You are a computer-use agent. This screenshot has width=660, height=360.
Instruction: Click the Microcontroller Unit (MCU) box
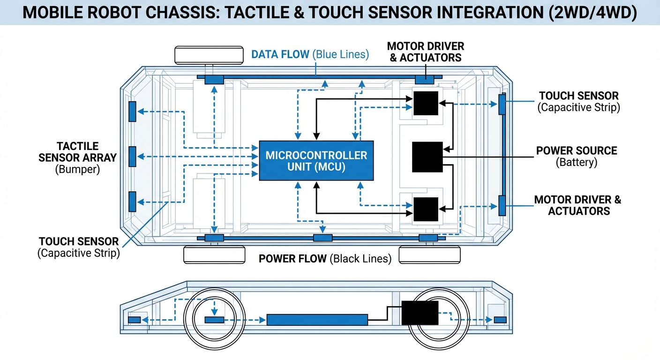click(316, 160)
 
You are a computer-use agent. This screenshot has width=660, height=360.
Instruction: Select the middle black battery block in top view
click(427, 157)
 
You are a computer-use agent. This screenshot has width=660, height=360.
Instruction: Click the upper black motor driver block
click(426, 104)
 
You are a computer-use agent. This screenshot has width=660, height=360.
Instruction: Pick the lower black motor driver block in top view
click(426, 209)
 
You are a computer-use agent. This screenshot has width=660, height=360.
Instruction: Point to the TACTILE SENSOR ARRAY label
click(78, 152)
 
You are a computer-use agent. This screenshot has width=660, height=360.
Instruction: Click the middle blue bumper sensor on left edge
click(133, 157)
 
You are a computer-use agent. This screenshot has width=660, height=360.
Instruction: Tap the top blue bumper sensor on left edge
click(133, 112)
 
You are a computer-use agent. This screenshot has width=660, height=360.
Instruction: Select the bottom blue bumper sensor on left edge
click(133, 202)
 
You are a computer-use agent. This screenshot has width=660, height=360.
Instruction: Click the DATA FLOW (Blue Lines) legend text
click(310, 54)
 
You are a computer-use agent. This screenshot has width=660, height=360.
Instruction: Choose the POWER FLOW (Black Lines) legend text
click(325, 258)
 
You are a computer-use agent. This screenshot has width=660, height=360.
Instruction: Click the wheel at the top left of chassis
click(209, 55)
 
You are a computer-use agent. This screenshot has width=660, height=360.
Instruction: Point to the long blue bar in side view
click(317, 320)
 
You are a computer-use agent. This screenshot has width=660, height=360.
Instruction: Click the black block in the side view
click(420, 313)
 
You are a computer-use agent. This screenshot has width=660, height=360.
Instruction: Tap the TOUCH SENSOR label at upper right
click(578, 96)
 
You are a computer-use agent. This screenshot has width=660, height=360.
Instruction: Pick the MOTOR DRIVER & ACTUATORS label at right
click(577, 205)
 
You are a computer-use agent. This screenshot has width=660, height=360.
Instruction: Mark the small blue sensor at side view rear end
click(500, 320)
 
